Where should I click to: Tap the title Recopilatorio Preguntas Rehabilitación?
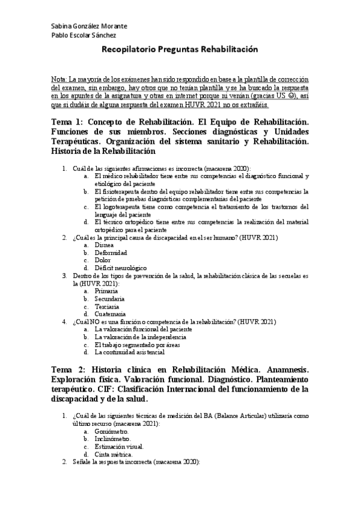click(x=180, y=51)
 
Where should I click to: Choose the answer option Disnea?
click(x=104, y=245)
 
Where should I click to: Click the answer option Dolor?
click(x=103, y=260)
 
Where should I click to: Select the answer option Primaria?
click(x=106, y=291)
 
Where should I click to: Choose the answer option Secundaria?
click(x=109, y=298)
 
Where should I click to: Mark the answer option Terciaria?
click(x=107, y=306)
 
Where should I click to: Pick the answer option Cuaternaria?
click(x=110, y=314)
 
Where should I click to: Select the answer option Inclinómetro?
click(x=112, y=439)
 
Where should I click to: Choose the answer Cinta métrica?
click(x=114, y=455)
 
